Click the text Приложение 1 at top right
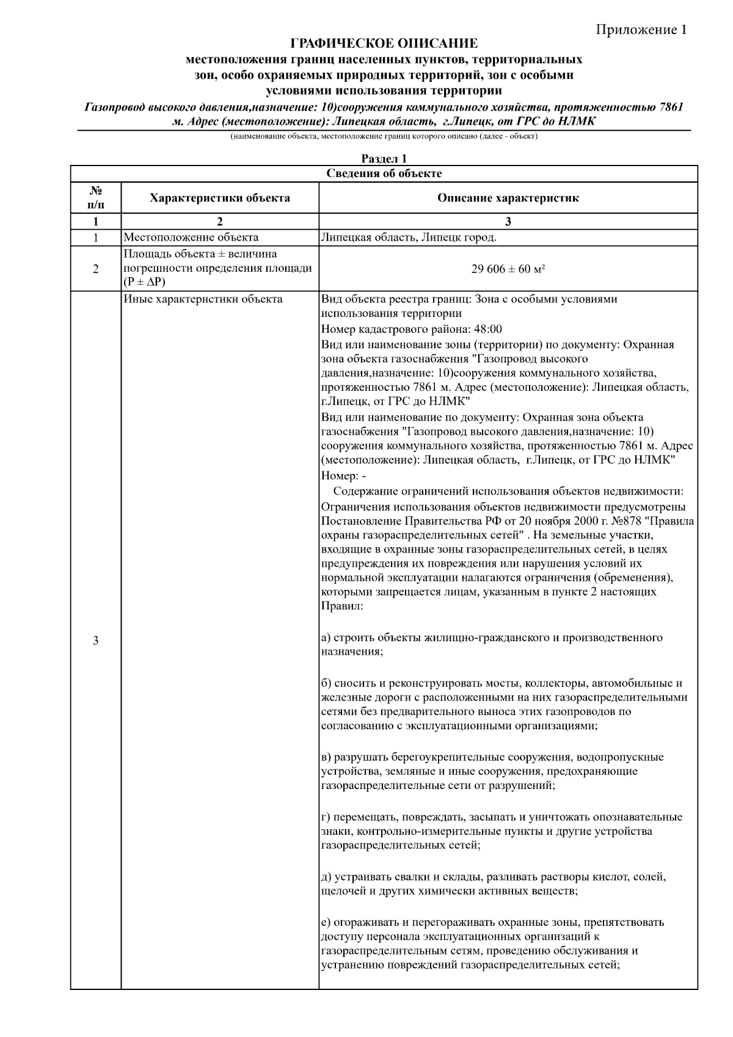click(641, 30)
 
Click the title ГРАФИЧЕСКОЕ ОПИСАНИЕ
click(384, 44)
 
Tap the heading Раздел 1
click(384, 159)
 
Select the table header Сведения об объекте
click(384, 173)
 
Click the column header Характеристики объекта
click(220, 198)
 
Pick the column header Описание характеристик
click(508, 198)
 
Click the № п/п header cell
click(96, 198)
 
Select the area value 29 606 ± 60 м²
click(508, 268)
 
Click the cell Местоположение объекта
click(191, 238)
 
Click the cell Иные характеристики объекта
click(203, 299)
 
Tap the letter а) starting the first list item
click(326, 638)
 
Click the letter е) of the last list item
click(326, 922)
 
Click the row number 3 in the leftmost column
click(96, 641)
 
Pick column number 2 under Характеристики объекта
click(220, 222)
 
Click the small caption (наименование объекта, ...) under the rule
click(384, 136)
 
